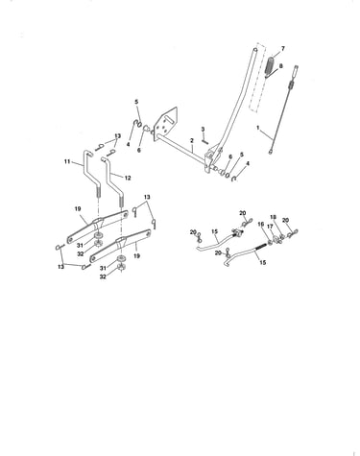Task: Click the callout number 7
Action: pyautogui.click(x=282, y=49)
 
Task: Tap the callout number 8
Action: pyautogui.click(x=281, y=66)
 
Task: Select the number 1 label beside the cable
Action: pyautogui.click(x=258, y=128)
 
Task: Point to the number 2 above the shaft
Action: pyautogui.click(x=192, y=140)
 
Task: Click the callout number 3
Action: pyautogui.click(x=203, y=130)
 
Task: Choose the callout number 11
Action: pyautogui.click(x=67, y=162)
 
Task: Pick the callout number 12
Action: pyautogui.click(x=128, y=178)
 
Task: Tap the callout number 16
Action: pyautogui.click(x=261, y=224)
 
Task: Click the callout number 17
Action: pyautogui.click(x=270, y=227)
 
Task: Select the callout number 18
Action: pyautogui.click(x=273, y=217)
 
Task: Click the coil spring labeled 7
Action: pyautogui.click(x=271, y=67)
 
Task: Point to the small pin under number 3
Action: pyautogui.click(x=204, y=140)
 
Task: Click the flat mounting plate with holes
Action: pyautogui.click(x=166, y=123)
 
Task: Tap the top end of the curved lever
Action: pyautogui.click(x=255, y=50)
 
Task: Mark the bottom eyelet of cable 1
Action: pyautogui.click(x=271, y=152)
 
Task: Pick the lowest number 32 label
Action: pyautogui.click(x=103, y=276)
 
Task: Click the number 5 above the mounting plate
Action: pyautogui.click(x=136, y=102)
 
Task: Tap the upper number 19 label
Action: pyautogui.click(x=78, y=209)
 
